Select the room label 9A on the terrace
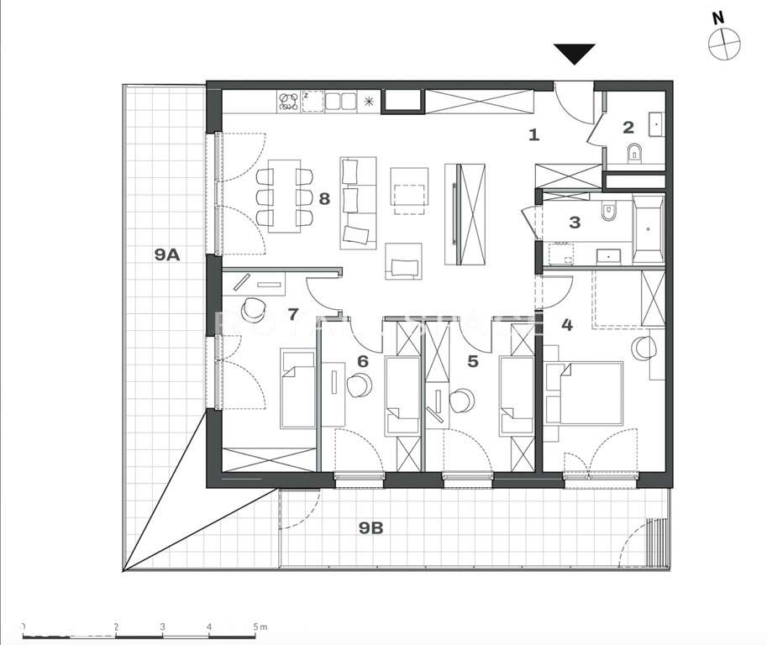167,254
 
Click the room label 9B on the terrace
370,527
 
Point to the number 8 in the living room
323,198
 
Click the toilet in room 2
635,153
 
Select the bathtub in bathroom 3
648,227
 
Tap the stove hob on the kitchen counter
288,102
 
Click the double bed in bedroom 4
591,393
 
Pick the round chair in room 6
360,385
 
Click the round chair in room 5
461,401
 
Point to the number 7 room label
292,315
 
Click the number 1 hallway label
533,133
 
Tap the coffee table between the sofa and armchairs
410,191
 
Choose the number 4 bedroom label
567,324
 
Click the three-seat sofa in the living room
359,202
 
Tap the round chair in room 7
251,310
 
